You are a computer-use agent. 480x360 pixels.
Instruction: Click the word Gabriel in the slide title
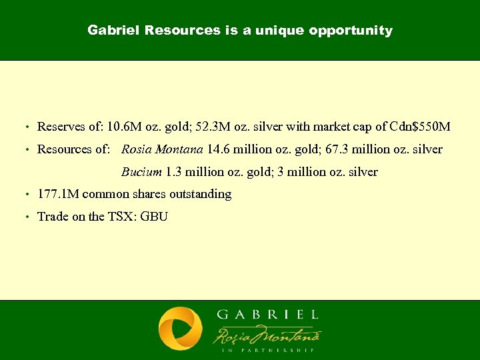pyautogui.click(x=113, y=31)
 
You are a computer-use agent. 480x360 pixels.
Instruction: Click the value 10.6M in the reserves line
pyautogui.click(x=123, y=127)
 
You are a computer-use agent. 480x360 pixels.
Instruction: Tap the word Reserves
pyautogui.click(x=60, y=127)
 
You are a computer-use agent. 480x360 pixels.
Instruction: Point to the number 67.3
pyautogui.click(x=332, y=149)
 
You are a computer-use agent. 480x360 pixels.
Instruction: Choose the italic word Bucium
pyautogui.click(x=141, y=172)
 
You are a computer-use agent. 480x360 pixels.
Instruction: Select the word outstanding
pyautogui.click(x=200, y=194)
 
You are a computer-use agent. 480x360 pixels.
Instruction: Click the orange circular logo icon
pyautogui.click(x=180, y=329)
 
